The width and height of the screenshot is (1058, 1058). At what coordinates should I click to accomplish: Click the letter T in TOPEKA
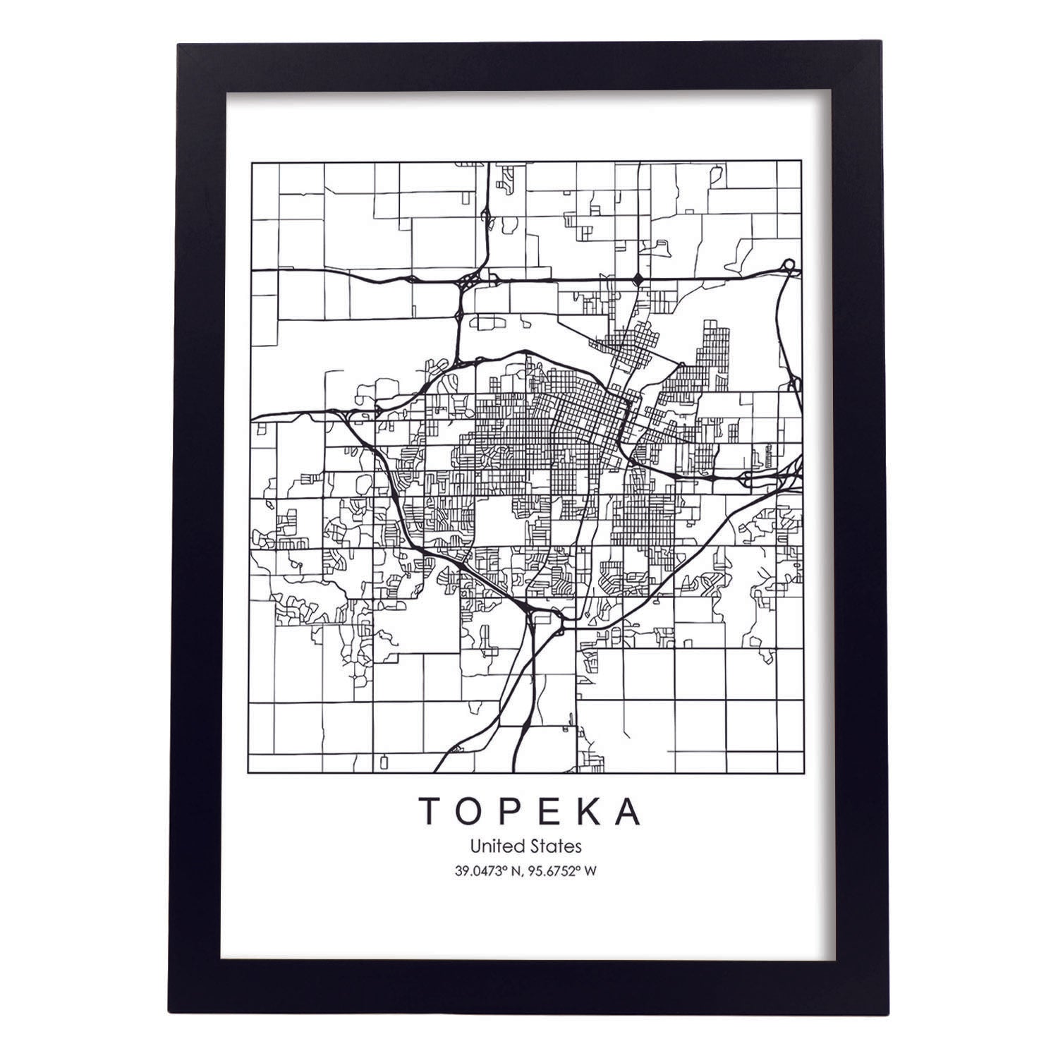click(429, 811)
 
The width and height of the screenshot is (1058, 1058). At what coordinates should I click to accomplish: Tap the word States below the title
click(558, 845)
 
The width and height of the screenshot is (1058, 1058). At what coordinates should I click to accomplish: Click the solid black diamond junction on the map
click(638, 279)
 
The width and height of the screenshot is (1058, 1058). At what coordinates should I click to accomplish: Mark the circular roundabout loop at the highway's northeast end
click(789, 266)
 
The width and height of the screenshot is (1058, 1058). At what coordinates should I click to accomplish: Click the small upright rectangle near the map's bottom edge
click(384, 762)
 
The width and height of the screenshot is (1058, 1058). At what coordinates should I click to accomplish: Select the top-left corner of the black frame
click(179, 46)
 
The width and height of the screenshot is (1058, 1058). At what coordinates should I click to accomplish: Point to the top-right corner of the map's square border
click(803, 162)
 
